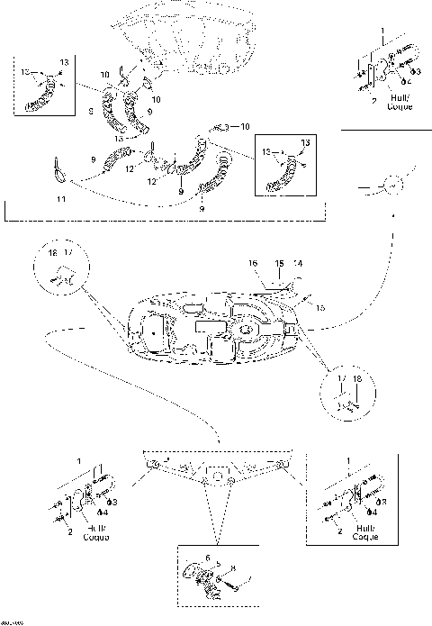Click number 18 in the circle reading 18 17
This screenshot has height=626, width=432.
pos(53,255)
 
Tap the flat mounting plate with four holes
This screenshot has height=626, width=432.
pos(216,469)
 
